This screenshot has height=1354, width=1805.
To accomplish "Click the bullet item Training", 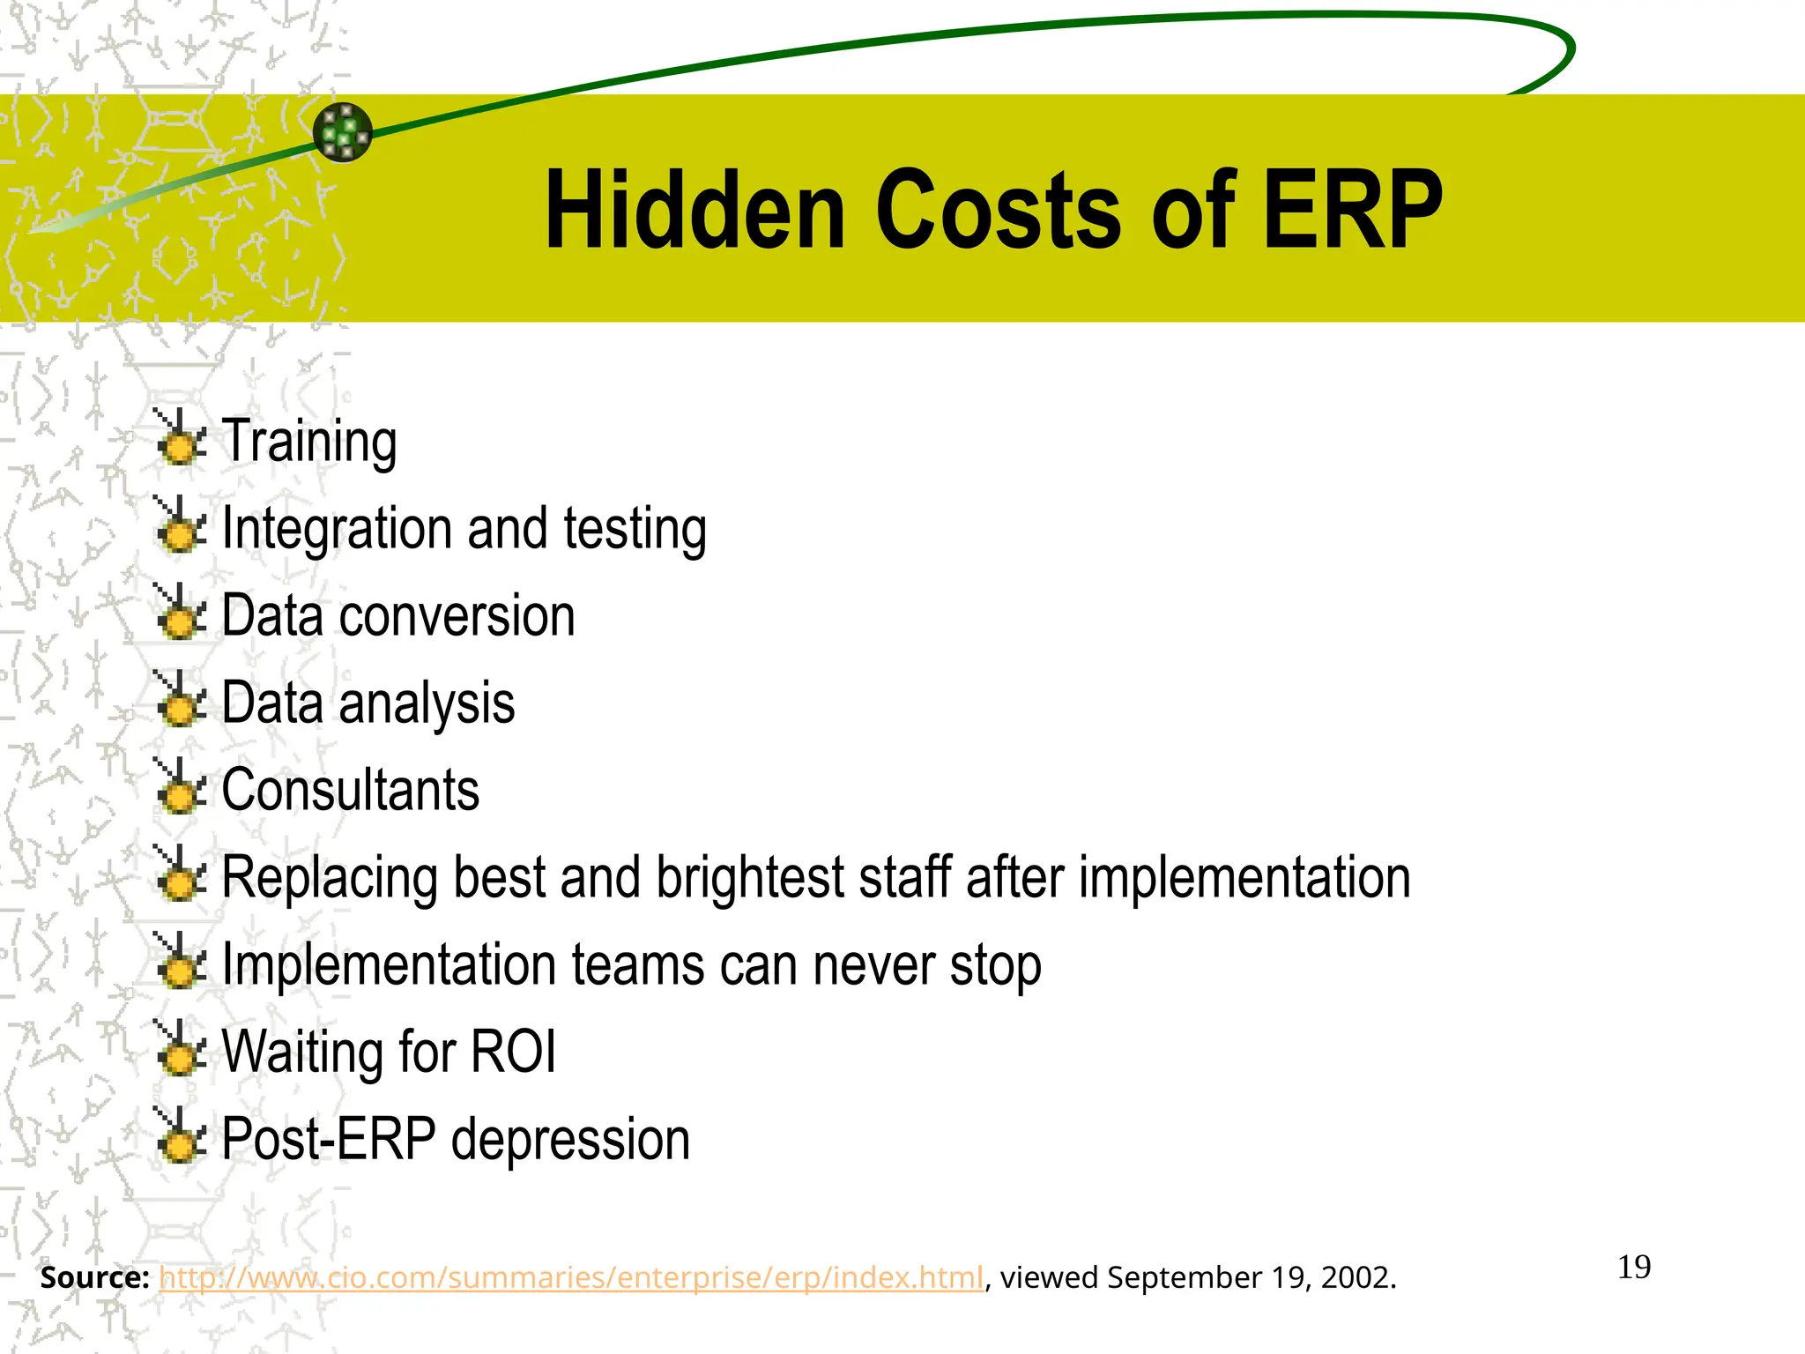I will click(308, 441).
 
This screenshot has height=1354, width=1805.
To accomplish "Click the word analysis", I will click(427, 703).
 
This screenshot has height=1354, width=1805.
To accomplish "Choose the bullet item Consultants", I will click(350, 790).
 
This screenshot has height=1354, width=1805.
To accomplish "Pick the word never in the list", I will click(873, 964).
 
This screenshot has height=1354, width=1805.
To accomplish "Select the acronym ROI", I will click(513, 1052).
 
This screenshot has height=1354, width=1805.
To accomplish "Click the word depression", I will click(570, 1140).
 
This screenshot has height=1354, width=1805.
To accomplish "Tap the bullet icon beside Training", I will click(181, 438).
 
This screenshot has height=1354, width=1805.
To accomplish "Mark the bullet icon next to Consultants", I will click(181, 786).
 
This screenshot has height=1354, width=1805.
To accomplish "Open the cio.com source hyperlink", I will click(570, 1277).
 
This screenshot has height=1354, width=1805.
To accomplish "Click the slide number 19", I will click(1634, 1268).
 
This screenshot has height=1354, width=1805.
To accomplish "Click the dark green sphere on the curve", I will click(343, 132).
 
